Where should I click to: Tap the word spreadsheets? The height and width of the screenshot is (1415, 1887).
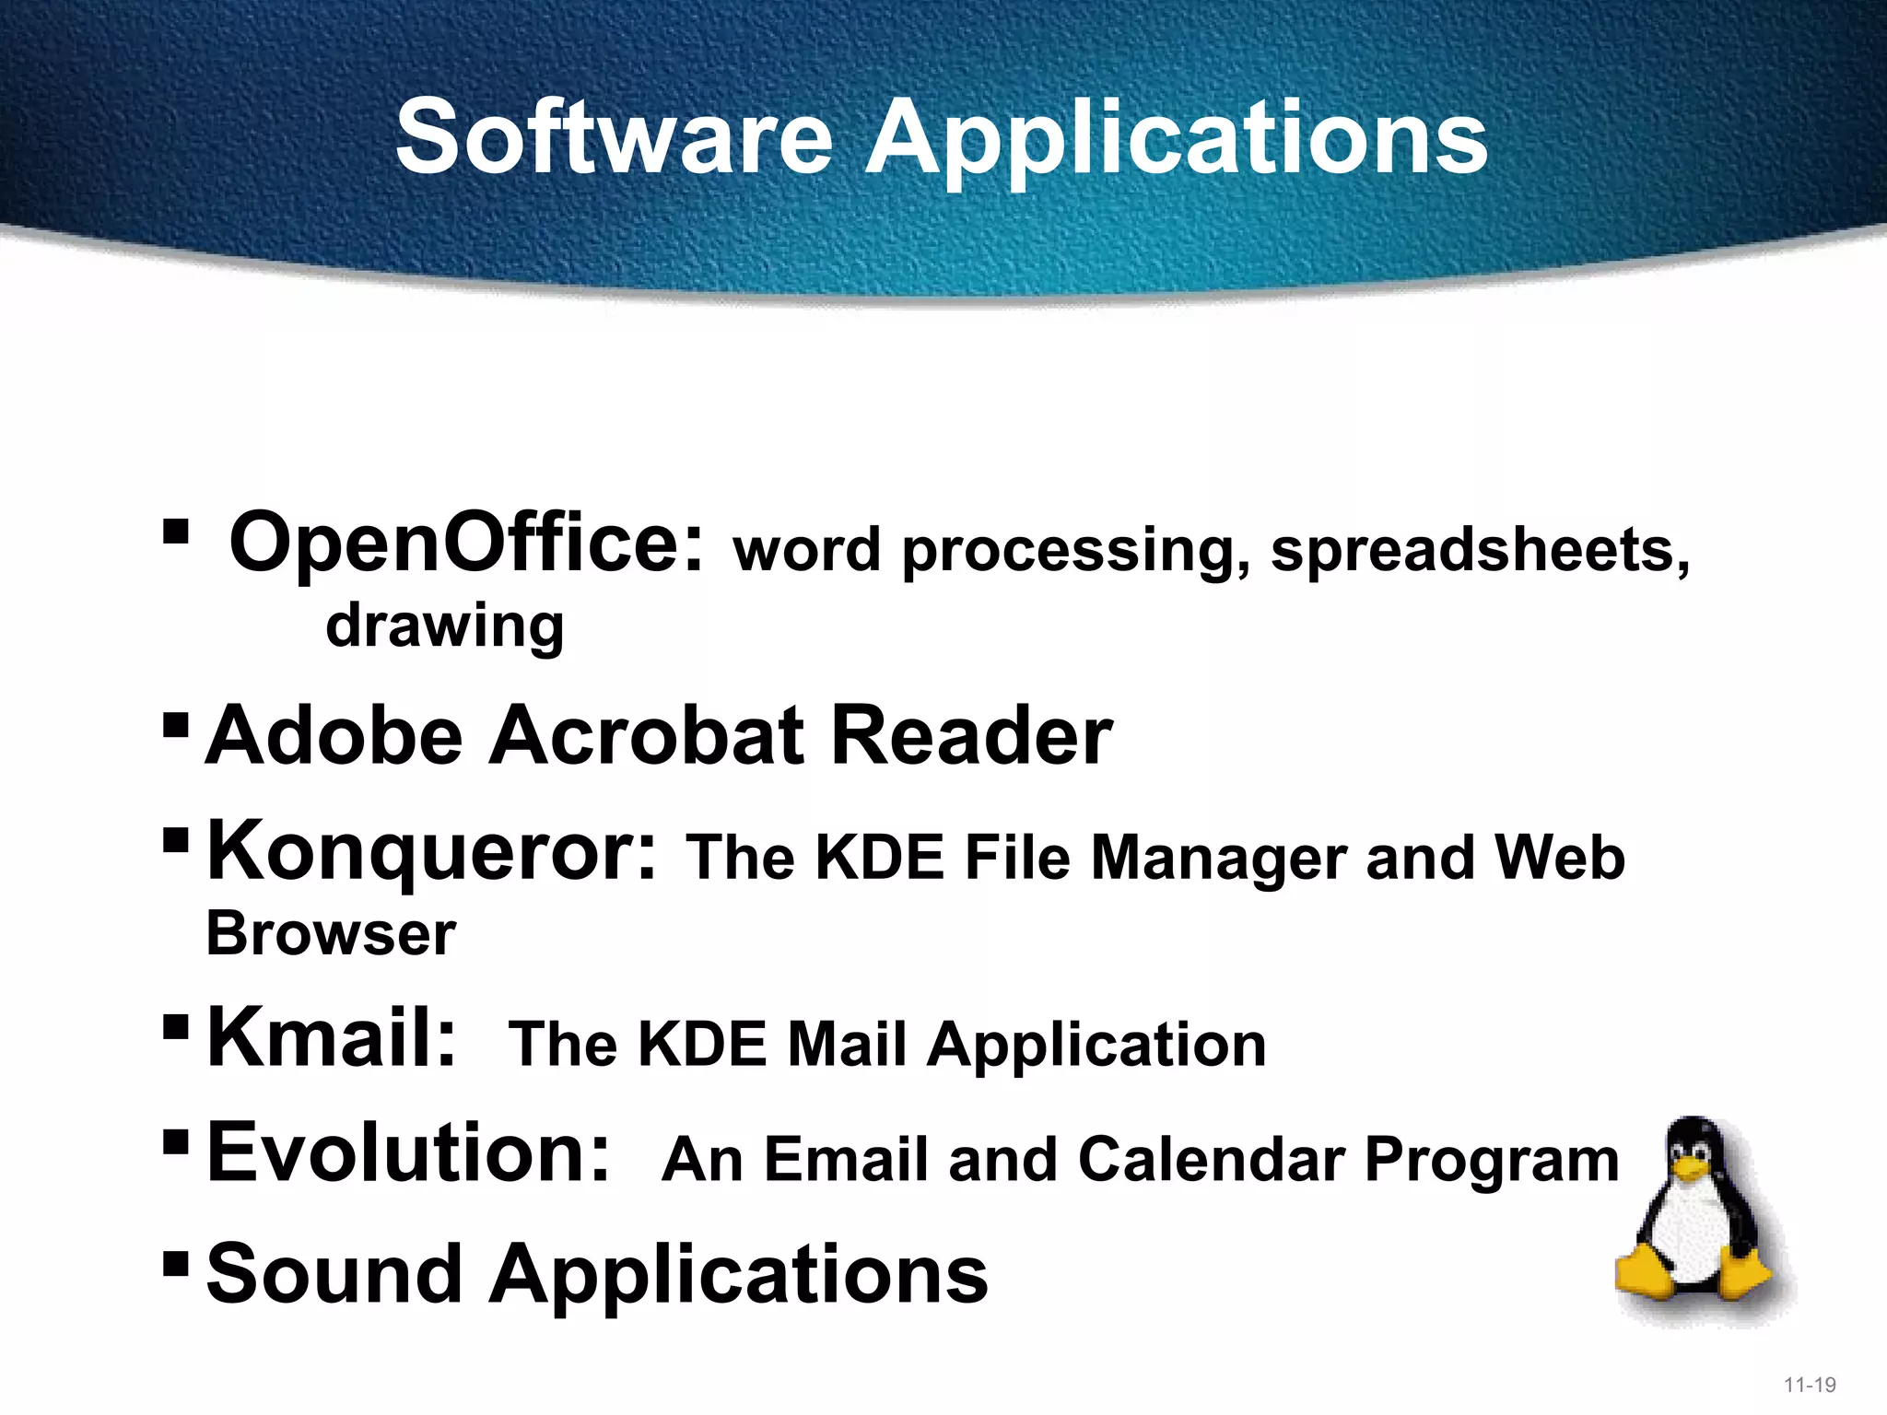(x=1480, y=550)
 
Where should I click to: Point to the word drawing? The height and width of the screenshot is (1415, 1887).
(x=444, y=626)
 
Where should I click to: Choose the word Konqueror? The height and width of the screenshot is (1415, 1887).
(x=431, y=851)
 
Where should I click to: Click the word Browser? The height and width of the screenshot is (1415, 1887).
(x=331, y=934)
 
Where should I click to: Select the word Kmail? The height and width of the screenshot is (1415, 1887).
(x=331, y=1037)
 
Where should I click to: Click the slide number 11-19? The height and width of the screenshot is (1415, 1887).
(x=1810, y=1385)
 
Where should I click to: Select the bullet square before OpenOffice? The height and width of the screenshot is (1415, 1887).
(x=175, y=532)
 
